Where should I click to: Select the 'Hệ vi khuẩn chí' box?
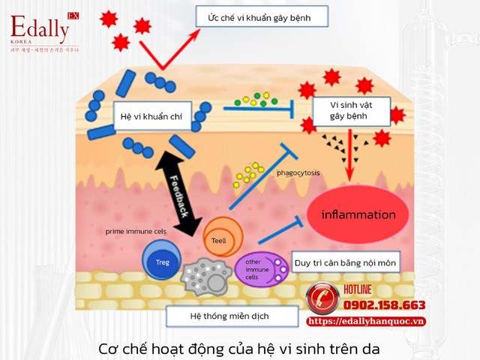(x=156, y=116)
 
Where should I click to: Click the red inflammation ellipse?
(x=357, y=215)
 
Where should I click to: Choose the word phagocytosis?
(x=297, y=173)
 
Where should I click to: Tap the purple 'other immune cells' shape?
(x=259, y=269)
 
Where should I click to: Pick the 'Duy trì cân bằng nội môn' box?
(x=345, y=262)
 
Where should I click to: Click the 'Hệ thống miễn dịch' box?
(x=217, y=316)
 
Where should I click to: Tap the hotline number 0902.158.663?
(x=384, y=305)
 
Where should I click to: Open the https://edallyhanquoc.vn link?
(x=367, y=321)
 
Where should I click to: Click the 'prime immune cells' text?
(x=135, y=232)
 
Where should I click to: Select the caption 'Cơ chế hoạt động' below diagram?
(x=240, y=349)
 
